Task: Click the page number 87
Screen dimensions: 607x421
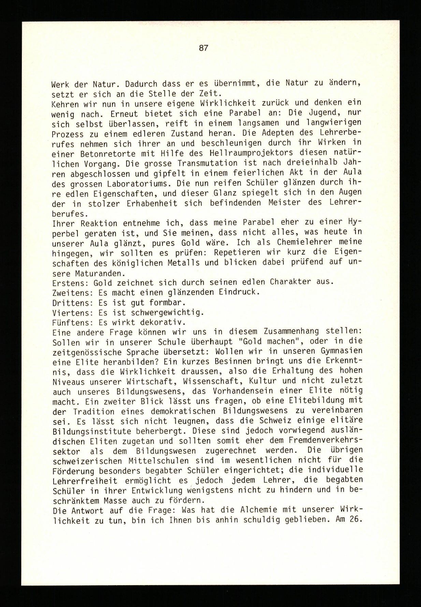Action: (203, 48)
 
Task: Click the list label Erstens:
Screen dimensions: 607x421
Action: (70, 283)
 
